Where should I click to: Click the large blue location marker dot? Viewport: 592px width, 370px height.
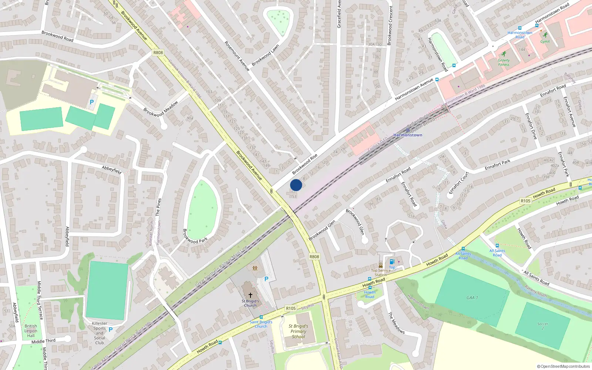point(296,185)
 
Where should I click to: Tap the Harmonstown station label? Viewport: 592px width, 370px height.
point(408,135)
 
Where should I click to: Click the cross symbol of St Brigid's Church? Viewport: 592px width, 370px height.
point(250,295)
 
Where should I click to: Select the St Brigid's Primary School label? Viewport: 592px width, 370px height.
point(298,331)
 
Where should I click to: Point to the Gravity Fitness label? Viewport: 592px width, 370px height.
point(504,62)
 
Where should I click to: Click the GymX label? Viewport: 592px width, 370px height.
point(545,41)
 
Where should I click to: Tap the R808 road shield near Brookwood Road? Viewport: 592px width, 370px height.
point(158,53)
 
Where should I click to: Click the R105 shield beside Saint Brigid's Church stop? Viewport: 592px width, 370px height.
point(291,308)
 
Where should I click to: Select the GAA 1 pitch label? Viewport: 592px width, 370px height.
point(472,297)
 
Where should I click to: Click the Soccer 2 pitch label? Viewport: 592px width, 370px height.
point(543,326)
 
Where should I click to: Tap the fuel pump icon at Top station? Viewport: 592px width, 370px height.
point(392,262)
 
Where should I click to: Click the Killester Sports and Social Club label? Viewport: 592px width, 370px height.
point(100,333)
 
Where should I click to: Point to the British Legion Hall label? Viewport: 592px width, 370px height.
point(31,331)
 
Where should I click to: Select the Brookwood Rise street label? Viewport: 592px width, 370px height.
point(305,164)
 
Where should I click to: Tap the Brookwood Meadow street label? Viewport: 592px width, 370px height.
point(161,109)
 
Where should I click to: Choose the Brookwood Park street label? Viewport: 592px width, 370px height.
point(195,236)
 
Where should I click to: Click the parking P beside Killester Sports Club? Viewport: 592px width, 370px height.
point(110,329)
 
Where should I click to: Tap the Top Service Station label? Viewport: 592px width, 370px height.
point(381,272)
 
